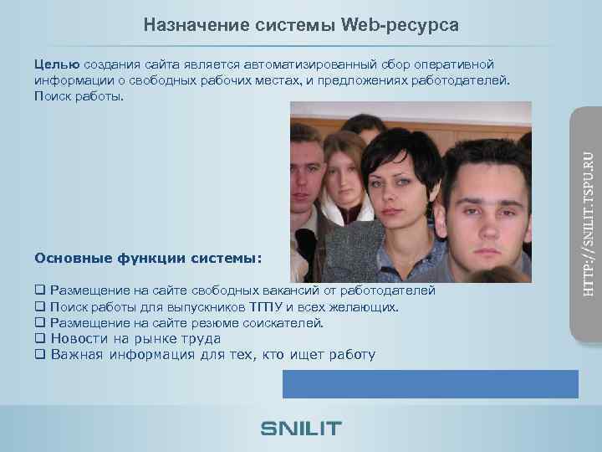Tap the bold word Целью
tap(57, 64)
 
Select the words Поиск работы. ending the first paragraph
tap(79, 96)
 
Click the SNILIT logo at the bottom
tap(301, 429)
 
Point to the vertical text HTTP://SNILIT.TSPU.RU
tap(588, 223)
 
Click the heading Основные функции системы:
tap(148, 257)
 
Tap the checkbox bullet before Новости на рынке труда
tap(39, 339)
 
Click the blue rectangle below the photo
tap(430, 383)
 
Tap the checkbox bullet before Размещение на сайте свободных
tap(39, 291)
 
